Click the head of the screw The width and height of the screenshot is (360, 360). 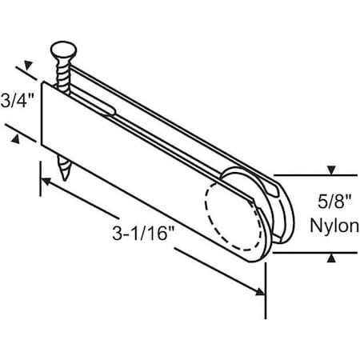[x=61, y=54]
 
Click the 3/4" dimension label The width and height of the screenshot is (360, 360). [x=15, y=102]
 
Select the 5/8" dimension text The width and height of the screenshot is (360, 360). [x=330, y=202]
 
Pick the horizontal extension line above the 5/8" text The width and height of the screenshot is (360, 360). [x=308, y=175]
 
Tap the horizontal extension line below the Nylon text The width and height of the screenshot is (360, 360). [x=308, y=252]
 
